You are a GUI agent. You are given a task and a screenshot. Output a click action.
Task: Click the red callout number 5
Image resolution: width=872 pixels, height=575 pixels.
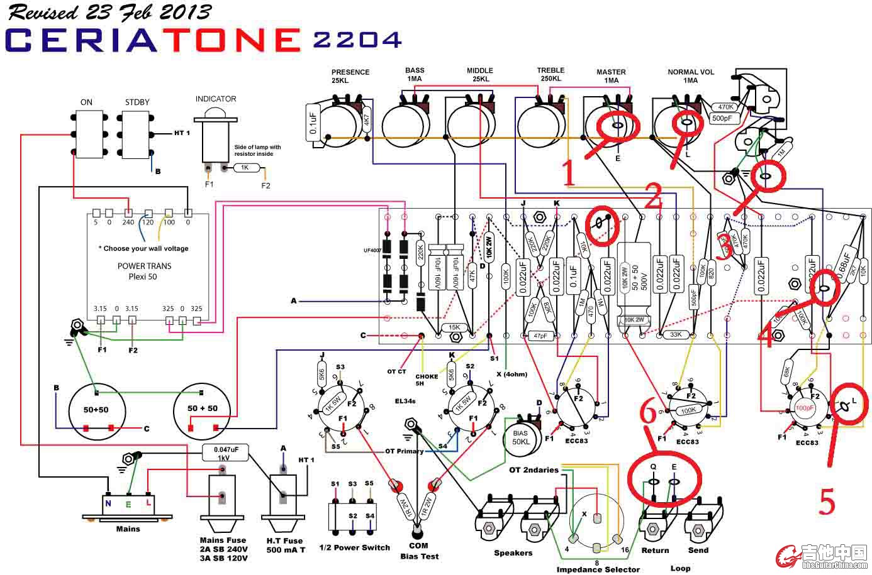(x=827, y=501)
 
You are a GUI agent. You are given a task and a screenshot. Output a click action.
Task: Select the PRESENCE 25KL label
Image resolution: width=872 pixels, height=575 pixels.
(x=350, y=76)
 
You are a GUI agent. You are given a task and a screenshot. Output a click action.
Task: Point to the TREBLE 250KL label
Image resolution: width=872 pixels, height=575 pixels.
(x=551, y=74)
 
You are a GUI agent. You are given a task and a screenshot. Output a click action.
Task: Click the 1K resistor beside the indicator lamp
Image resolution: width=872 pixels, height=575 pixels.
(x=245, y=168)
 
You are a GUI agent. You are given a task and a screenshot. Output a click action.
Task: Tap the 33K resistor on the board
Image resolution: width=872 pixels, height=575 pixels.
(x=676, y=334)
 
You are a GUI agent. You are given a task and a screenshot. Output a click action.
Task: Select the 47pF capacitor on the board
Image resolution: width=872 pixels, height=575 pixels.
(x=540, y=336)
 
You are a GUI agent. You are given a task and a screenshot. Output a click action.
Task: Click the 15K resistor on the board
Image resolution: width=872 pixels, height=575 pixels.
(x=454, y=327)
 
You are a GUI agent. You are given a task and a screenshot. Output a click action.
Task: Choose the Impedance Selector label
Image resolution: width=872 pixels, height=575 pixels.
(x=597, y=569)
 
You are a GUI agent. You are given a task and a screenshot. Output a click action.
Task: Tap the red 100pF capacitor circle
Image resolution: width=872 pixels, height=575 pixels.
(x=804, y=408)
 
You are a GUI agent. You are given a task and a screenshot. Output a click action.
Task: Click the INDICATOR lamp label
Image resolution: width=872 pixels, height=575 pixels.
(x=216, y=99)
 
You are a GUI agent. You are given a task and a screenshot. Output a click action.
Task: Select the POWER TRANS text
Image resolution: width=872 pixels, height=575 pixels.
(x=144, y=266)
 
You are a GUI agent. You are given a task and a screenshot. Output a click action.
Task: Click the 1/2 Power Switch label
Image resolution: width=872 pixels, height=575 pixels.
(x=354, y=547)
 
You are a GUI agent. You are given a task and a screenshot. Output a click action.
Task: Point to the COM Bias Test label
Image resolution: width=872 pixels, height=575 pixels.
(x=420, y=550)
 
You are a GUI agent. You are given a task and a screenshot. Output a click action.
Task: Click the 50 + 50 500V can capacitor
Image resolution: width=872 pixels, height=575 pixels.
(x=634, y=280)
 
